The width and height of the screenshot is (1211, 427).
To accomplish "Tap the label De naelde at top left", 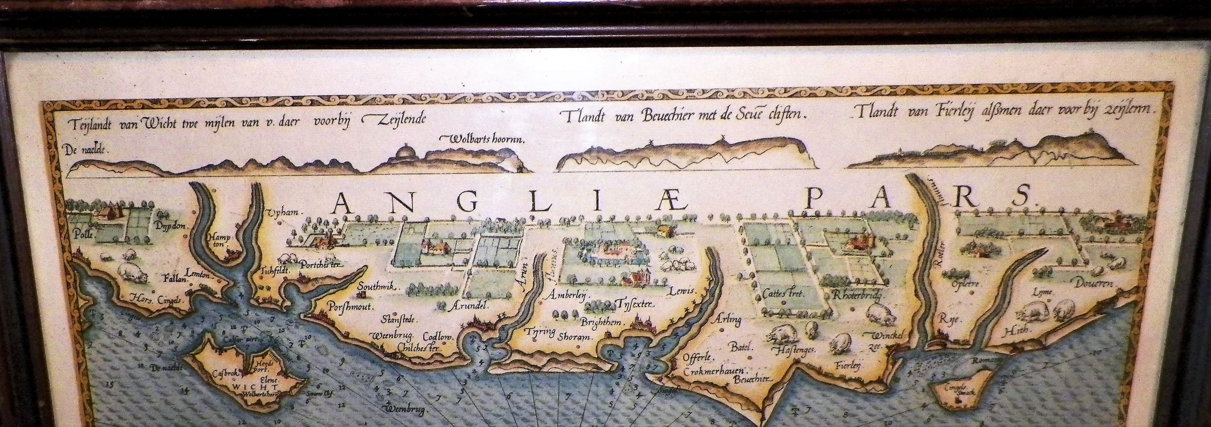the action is pos(87,149).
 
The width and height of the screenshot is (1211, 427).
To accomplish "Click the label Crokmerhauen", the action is pos(711,370).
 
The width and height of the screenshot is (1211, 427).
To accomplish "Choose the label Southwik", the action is pos(376,287).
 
